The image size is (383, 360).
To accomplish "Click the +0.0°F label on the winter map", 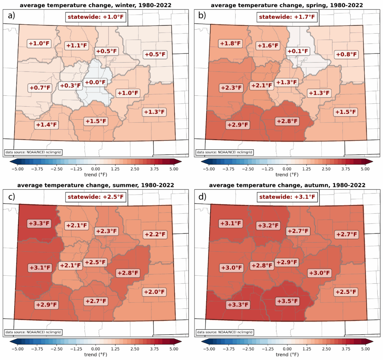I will click(x=95, y=82).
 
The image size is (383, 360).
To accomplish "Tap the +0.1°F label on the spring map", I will click(x=297, y=51).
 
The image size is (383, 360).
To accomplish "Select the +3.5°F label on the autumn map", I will click(x=287, y=301).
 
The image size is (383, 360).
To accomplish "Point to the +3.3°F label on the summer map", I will click(x=39, y=223).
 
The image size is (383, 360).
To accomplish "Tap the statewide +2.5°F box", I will click(x=95, y=196).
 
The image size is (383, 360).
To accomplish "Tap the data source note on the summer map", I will click(x=33, y=332).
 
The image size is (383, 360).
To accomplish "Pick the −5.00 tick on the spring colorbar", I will click(x=208, y=169).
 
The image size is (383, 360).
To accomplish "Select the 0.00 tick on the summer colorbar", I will click(x=95, y=348).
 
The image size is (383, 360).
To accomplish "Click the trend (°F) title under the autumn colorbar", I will click(x=287, y=354).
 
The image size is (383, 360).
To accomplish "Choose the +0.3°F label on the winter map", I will click(x=70, y=86).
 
